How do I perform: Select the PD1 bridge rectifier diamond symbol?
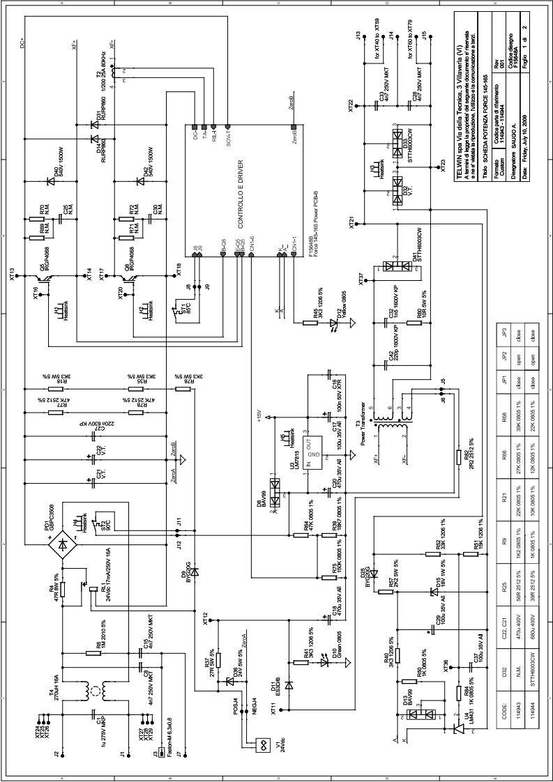click(x=67, y=543)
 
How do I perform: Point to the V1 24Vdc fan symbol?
click(x=263, y=744)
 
